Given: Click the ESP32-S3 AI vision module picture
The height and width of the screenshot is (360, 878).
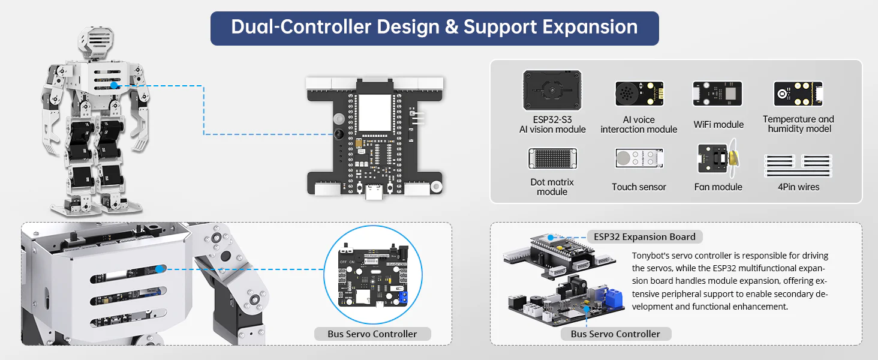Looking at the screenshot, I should coord(552,91).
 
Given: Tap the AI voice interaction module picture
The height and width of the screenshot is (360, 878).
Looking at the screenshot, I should coord(639,94).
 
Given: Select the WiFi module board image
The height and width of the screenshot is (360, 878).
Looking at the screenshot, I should coord(718,94).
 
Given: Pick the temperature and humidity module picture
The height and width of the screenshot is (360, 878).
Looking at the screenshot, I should coord(798,94).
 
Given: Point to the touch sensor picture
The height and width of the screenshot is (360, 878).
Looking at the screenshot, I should coord(639,158).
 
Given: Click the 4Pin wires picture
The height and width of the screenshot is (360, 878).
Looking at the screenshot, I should coord(798,165).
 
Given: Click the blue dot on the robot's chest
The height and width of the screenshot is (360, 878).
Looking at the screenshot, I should coord(114,85).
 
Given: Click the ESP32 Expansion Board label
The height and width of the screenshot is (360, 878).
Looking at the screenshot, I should coord(645,237).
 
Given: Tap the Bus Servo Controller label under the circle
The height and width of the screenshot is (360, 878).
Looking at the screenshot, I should coord(372,334).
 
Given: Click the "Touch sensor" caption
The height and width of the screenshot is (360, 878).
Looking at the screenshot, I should coord(639,187).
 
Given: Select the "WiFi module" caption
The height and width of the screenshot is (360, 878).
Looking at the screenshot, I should coord(718,125).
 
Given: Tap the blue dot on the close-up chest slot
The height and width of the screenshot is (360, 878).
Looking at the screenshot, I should coord(160,269).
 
